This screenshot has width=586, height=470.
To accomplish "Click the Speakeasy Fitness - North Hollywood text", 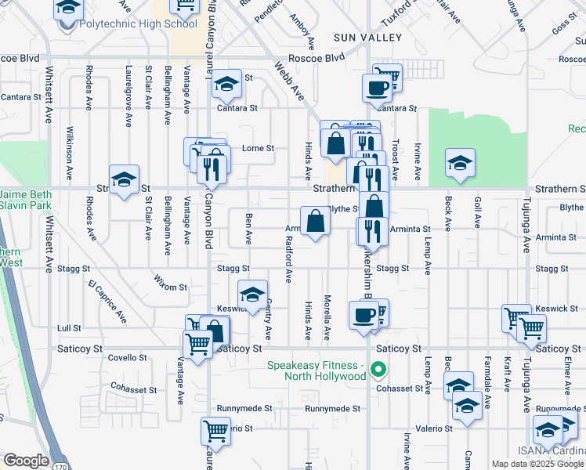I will pos(317,371).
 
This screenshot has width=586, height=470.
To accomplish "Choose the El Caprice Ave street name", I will pos(107,300).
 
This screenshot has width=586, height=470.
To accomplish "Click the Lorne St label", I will pos(258,148).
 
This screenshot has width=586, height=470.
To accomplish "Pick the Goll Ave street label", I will pos(477,211).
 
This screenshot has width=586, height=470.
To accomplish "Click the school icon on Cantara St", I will pos(226,84).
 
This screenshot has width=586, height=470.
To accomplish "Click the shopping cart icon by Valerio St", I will pos(215,430).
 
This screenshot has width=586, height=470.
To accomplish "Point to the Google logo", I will pos(26,461).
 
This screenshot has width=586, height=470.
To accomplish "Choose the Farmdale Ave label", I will pos(487,392).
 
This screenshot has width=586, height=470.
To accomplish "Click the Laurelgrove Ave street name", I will pos(127,96).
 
